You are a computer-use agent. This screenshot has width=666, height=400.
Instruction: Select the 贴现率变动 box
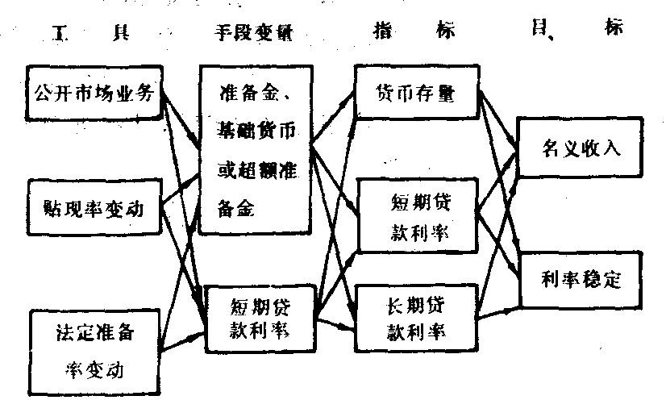point(95,208)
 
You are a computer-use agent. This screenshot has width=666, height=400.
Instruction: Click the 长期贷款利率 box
point(416,318)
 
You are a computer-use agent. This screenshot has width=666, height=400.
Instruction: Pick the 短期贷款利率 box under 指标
point(416,215)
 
